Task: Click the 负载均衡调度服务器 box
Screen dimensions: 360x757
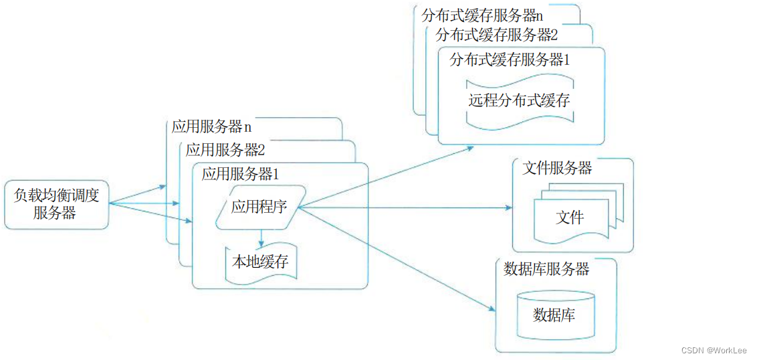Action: (x=56, y=204)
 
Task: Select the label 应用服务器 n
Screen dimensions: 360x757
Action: (x=211, y=126)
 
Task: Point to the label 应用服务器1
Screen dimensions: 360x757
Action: (x=240, y=175)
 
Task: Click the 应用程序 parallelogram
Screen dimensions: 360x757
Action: (x=259, y=207)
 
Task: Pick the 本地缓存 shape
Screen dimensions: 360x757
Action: (x=260, y=262)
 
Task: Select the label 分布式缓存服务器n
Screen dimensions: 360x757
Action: (x=482, y=15)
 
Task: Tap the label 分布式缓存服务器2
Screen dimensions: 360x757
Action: (x=496, y=35)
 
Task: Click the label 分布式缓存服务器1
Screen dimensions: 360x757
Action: (x=510, y=60)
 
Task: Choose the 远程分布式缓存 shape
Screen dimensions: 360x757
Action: (x=519, y=100)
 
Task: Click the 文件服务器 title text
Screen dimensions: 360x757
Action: (x=557, y=168)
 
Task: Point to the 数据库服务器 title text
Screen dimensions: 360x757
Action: (x=546, y=269)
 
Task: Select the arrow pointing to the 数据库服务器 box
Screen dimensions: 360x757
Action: (x=401, y=262)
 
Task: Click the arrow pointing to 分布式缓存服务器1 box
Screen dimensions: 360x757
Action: (x=388, y=177)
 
